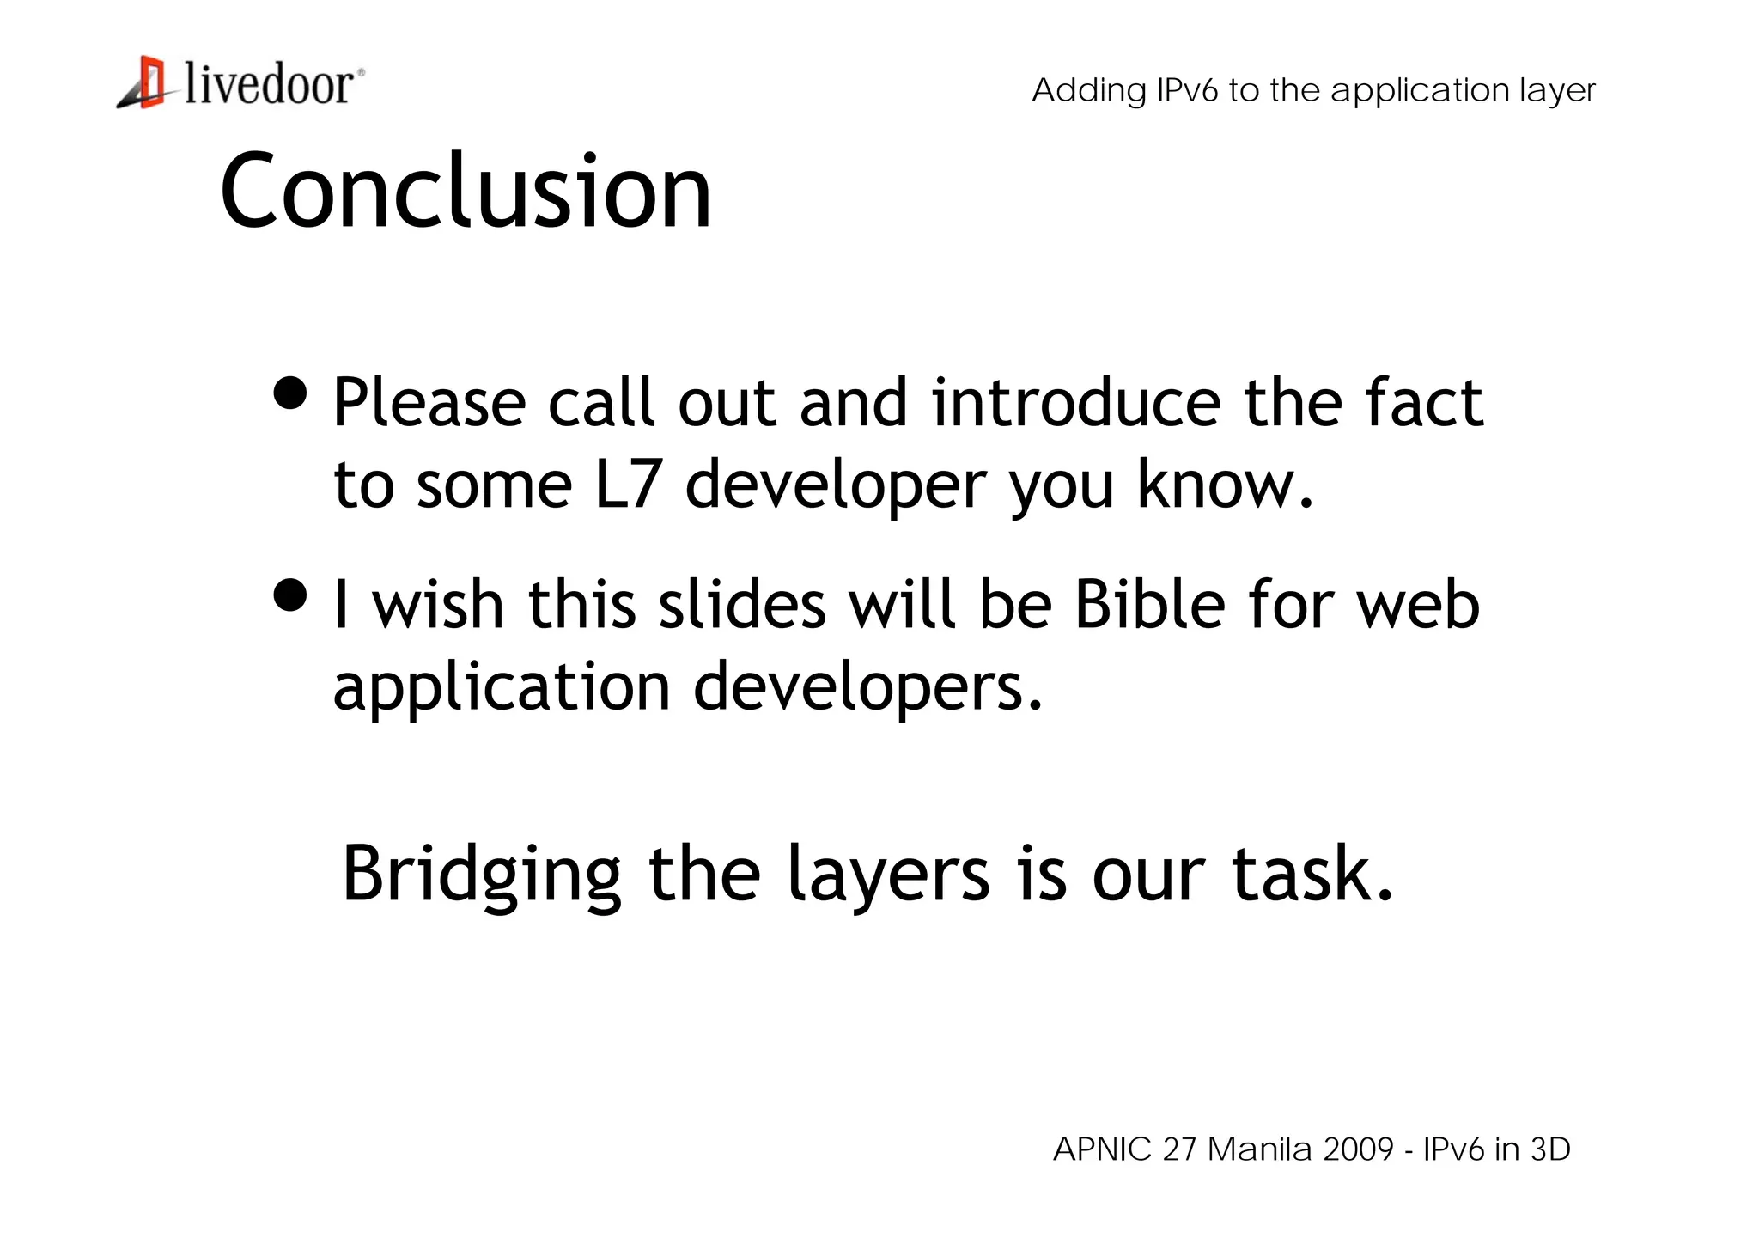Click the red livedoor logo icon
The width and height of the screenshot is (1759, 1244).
[x=147, y=82]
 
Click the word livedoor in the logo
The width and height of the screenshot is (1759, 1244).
[x=269, y=85]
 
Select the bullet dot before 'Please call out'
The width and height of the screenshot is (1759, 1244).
[x=290, y=393]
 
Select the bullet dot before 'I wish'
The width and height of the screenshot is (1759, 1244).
[x=290, y=595]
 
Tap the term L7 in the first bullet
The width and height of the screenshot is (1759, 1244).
[x=628, y=485]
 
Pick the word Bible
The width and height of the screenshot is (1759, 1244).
[x=1150, y=604]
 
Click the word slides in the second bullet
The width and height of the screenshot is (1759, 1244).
[x=742, y=604]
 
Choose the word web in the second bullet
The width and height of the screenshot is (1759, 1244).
[x=1418, y=606]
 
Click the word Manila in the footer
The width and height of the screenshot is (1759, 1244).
[x=1259, y=1149]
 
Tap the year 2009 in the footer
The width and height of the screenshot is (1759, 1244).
[x=1358, y=1149]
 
